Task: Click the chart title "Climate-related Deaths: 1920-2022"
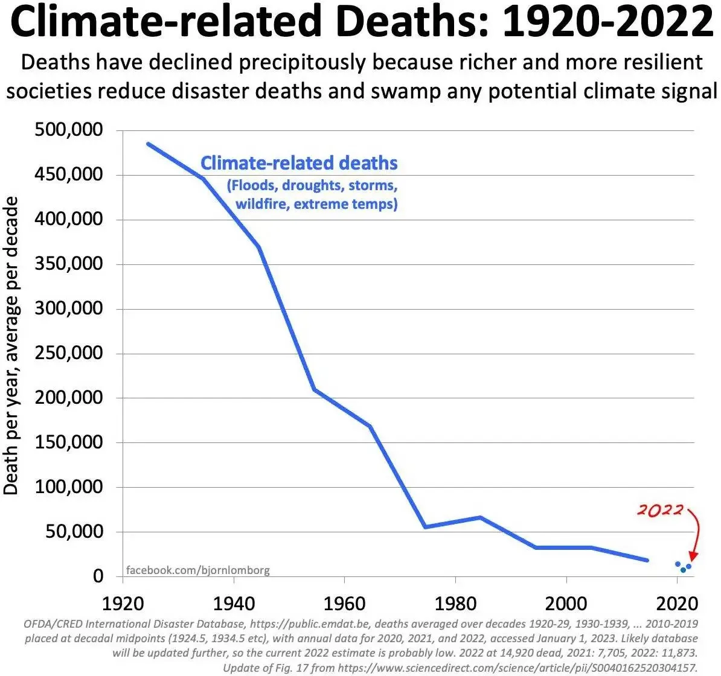click(x=361, y=23)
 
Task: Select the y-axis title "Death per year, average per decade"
click(x=11, y=345)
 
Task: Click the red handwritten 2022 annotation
click(x=659, y=510)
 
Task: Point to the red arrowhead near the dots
click(x=693, y=555)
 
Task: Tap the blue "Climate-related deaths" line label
click(x=299, y=163)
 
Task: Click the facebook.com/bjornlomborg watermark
click(x=197, y=570)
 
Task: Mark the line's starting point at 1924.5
click(x=148, y=144)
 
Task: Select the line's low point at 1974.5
click(x=425, y=527)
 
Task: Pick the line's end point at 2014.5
click(x=647, y=560)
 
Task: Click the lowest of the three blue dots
click(x=683, y=570)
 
